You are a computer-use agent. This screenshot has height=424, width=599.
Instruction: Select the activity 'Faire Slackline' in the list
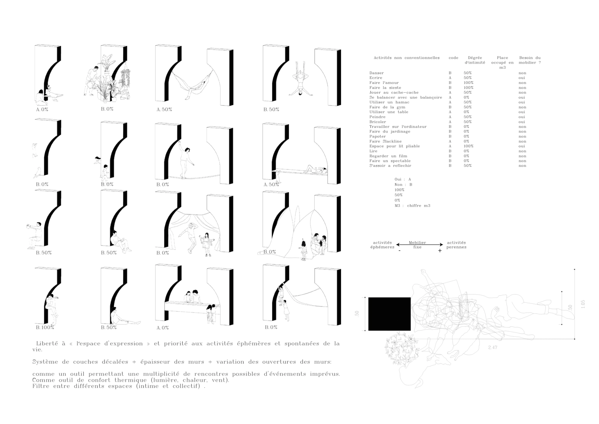coord(385,141)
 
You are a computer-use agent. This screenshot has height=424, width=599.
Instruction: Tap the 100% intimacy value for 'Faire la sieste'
coord(468,88)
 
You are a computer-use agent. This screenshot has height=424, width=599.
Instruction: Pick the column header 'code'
coord(453,58)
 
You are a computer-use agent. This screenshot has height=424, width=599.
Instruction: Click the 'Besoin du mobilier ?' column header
coord(529,60)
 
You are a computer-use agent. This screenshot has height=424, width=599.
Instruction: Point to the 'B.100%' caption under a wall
coord(45,328)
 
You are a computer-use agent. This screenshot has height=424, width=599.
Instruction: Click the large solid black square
coord(389,314)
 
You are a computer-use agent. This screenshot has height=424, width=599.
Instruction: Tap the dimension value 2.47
coord(493,347)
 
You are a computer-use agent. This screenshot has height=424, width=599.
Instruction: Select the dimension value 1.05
coord(583,304)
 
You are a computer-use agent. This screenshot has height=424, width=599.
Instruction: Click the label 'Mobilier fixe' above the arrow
coord(417,245)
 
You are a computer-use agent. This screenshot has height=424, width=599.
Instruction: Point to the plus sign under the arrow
coord(440,251)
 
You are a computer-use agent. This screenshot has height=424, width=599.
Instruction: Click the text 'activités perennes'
coord(456,245)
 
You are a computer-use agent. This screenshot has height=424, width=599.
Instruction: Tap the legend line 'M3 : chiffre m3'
coord(412,206)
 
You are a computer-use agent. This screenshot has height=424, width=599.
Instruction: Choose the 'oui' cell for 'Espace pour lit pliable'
coord(522,146)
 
